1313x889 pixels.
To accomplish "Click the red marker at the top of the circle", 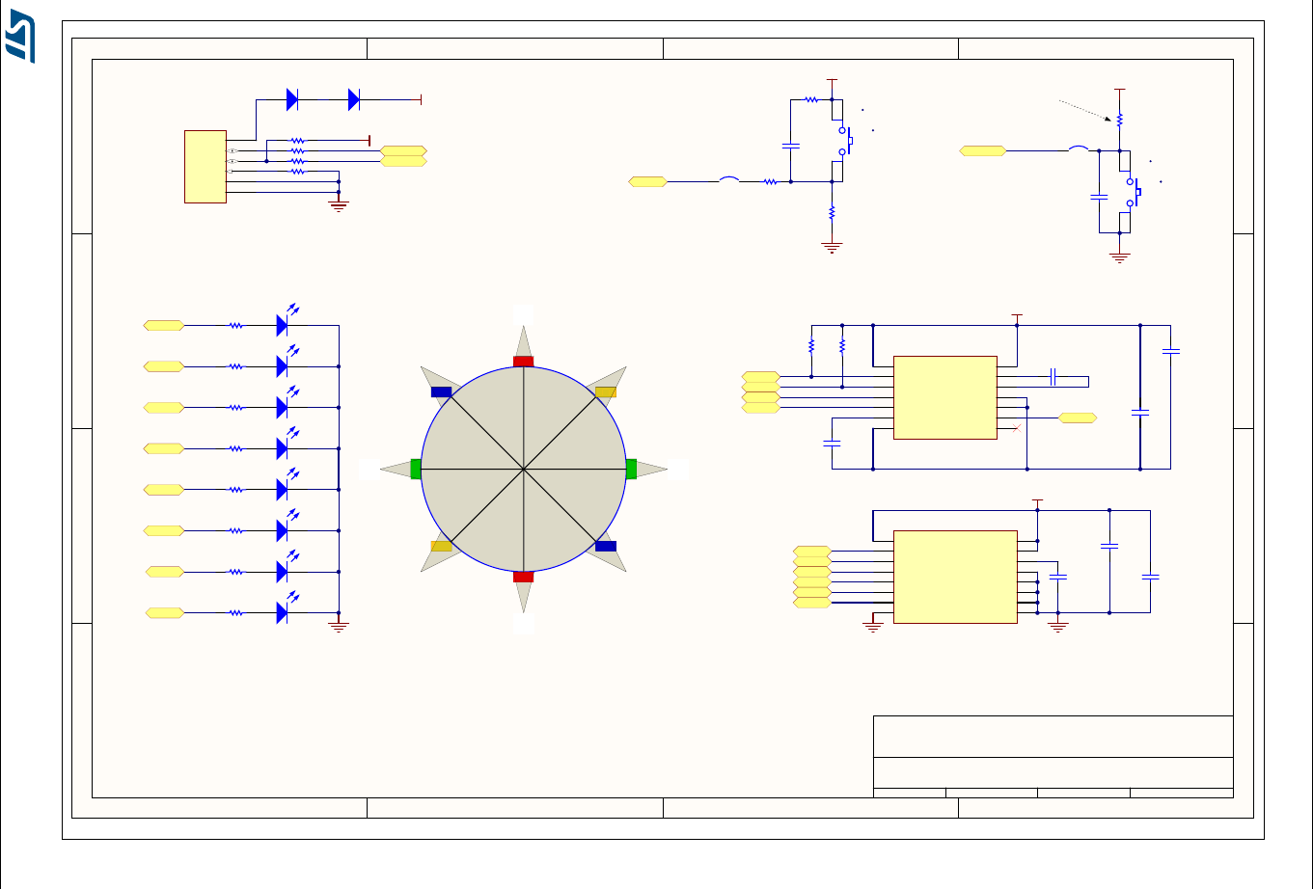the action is click(523, 362).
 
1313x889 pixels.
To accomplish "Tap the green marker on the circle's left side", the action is click(416, 469).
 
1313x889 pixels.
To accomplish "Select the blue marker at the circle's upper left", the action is click(441, 392).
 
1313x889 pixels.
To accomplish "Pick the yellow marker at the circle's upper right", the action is click(606, 391).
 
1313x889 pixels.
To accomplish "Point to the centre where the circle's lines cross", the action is click(523, 470).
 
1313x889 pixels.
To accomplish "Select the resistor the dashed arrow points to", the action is click(1119, 121).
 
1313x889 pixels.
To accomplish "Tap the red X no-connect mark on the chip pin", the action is click(1017, 427).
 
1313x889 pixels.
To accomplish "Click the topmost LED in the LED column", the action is click(283, 325).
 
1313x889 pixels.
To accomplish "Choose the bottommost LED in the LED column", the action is click(283, 612).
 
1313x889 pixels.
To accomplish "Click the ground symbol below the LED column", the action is click(339, 627).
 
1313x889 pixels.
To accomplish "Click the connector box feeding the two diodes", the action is click(205, 167).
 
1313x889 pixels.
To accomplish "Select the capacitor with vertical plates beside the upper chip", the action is click(1053, 376).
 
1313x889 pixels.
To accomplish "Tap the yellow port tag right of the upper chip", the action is click(1078, 418).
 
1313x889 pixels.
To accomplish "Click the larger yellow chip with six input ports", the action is click(955, 577).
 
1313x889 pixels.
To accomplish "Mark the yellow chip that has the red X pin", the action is click(944, 397).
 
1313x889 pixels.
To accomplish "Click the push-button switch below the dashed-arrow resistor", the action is click(1135, 192).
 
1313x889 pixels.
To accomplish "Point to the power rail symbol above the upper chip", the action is click(1017, 315).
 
